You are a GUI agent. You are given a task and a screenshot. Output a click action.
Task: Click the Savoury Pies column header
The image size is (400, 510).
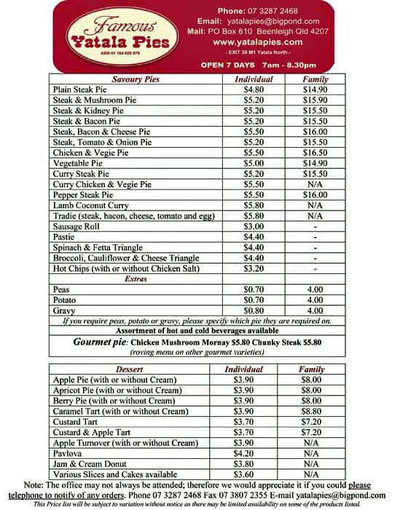pyautogui.click(x=136, y=79)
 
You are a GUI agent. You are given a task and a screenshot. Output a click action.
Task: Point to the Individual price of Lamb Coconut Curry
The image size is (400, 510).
pyautogui.click(x=253, y=206)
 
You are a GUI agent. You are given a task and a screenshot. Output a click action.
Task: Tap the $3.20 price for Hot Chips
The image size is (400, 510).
pyautogui.click(x=253, y=269)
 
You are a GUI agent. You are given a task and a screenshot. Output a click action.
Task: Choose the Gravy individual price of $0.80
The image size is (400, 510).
pyautogui.click(x=253, y=311)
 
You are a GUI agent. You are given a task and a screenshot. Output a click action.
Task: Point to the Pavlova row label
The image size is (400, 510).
pyautogui.click(x=71, y=453)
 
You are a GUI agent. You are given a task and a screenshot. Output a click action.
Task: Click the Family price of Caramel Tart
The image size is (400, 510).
pyautogui.click(x=312, y=411)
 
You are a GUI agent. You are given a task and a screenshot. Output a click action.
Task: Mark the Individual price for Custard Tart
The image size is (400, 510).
pyautogui.click(x=243, y=422)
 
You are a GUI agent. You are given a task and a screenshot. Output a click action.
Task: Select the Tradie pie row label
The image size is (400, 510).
pyautogui.click(x=134, y=216)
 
